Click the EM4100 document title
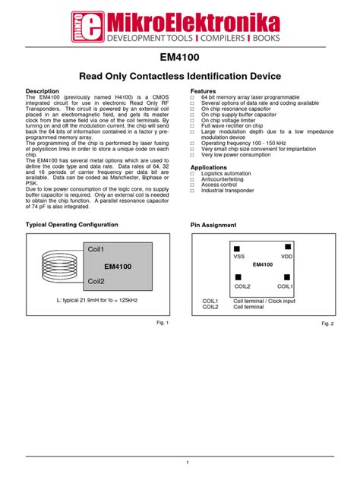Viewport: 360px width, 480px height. pos(180,58)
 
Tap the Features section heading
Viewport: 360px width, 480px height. pos(203,90)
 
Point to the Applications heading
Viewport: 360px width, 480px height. pos(208,167)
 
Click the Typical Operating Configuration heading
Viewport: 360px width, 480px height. pos(72,225)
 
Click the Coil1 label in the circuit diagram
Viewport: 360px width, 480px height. pos(96,249)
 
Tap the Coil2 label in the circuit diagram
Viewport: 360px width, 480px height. pos(96,281)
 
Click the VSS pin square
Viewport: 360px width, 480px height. pos(237,248)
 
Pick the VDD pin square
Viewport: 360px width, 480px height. pos(287,247)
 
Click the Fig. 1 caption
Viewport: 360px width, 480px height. pos(161,323)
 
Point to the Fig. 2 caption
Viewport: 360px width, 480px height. pos(327,324)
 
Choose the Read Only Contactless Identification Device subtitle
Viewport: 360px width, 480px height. pos(180,76)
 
